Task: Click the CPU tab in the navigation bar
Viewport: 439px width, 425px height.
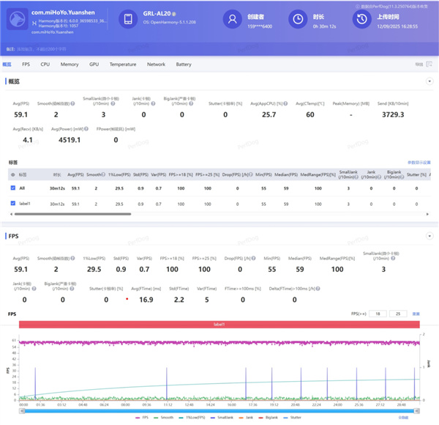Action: pos(45,64)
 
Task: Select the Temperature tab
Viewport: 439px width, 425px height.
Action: pos(123,64)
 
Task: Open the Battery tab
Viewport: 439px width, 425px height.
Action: pos(184,64)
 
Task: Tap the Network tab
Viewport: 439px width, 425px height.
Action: pos(156,64)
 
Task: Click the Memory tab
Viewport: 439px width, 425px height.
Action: pos(70,64)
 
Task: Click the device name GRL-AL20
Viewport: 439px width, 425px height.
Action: pos(157,15)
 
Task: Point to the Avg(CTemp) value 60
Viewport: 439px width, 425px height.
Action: pos(310,114)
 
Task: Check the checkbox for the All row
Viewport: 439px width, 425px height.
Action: pos(13,188)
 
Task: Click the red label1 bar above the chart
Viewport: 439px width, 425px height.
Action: pos(219,324)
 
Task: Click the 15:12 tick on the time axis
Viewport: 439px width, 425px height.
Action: pos(168,404)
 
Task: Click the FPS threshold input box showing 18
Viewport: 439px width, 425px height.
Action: pos(377,314)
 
